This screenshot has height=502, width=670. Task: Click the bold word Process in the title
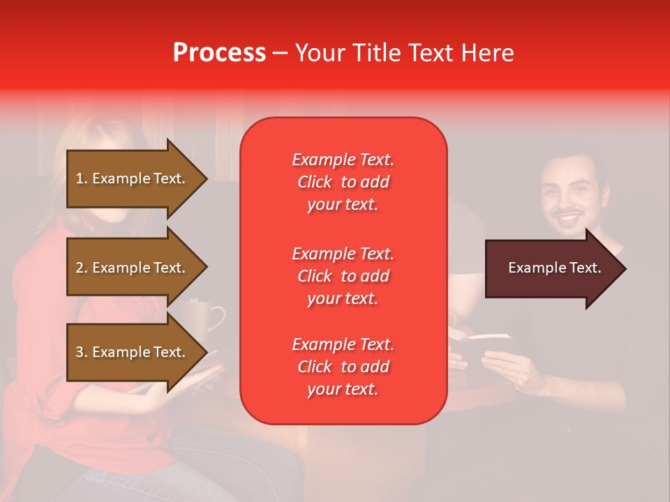[219, 53]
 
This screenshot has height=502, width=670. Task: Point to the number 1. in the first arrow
[82, 178]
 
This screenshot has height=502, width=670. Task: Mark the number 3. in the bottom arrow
[82, 352]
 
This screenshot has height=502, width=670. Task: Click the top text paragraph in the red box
[343, 182]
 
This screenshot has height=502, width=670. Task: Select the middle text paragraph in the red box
[343, 276]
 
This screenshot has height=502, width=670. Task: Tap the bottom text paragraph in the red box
[343, 367]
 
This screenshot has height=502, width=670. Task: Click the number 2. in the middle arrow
[82, 268]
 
